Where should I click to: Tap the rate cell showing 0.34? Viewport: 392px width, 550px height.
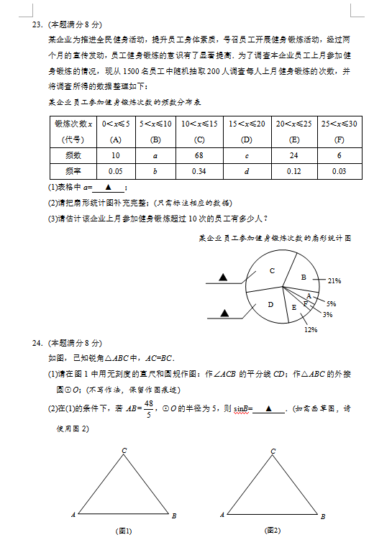pyautogui.click(x=199, y=171)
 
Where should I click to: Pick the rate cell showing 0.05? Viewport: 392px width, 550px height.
pyautogui.click(x=115, y=171)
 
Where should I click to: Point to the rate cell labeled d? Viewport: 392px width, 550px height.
pyautogui.click(x=247, y=171)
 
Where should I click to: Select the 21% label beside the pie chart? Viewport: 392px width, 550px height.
pyautogui.click(x=334, y=280)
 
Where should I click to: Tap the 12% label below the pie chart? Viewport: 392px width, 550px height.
pyautogui.click(x=311, y=330)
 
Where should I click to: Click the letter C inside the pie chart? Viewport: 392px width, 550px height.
pyautogui.click(x=272, y=270)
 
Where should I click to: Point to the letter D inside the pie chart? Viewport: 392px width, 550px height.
pyautogui.click(x=270, y=305)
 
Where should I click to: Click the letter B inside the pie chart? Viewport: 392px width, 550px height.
pyautogui.click(x=304, y=277)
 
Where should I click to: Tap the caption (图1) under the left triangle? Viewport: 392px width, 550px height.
pyautogui.click(x=124, y=531)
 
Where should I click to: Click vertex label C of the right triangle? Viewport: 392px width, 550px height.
pyautogui.click(x=273, y=452)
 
